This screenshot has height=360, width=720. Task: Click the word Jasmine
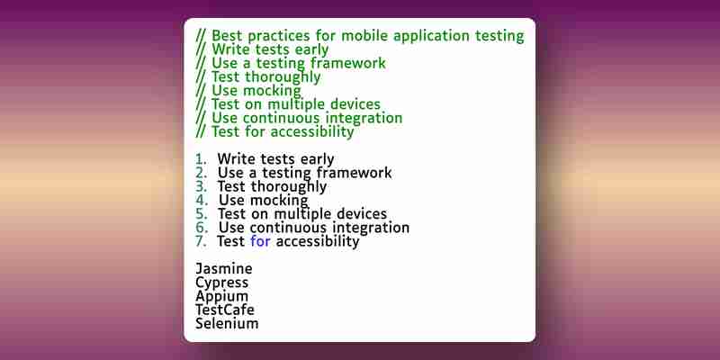coord(223,268)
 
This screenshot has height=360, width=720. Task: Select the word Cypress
coord(221,283)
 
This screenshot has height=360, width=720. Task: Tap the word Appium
coord(221,297)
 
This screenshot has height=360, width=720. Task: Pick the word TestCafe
coord(224,310)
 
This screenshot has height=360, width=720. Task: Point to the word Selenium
coord(227,323)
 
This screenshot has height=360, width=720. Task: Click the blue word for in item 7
coord(260,241)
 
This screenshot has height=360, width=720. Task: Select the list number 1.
coord(200,159)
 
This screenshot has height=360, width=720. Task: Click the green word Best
coord(227,36)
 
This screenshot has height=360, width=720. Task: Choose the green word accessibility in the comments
coord(312,132)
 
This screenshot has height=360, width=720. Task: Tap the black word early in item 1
coord(317,160)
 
